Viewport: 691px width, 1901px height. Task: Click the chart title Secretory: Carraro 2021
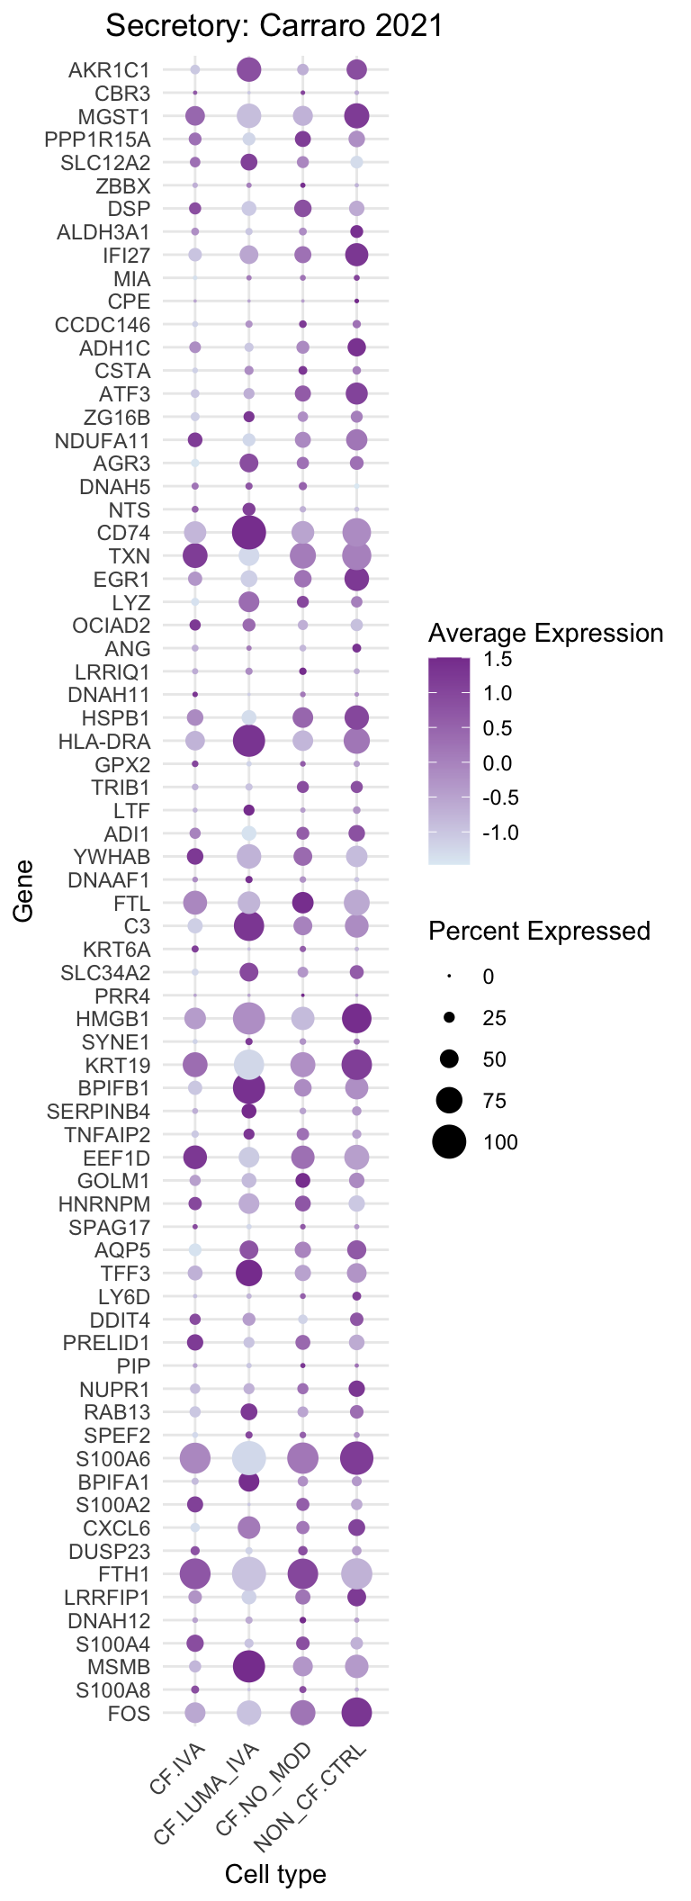(x=274, y=26)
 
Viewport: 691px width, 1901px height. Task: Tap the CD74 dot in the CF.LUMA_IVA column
(x=249, y=533)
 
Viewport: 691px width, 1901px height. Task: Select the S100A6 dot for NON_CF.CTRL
(x=357, y=1457)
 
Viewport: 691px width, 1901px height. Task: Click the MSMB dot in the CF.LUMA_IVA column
(x=249, y=1666)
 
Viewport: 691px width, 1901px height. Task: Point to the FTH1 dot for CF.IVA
(x=195, y=1573)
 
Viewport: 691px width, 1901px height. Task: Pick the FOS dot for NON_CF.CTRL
(x=357, y=1713)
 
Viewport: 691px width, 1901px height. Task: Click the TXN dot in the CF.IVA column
(x=195, y=556)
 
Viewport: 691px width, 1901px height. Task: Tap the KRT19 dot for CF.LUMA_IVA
(x=249, y=1065)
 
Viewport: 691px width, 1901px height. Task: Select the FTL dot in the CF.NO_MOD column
(x=303, y=903)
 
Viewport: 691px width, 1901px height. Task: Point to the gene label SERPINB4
(x=99, y=1112)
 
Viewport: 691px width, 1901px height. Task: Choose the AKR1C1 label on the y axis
(x=109, y=69)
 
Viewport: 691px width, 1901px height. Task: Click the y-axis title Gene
(x=23, y=891)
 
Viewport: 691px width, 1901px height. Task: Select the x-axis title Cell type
(x=275, y=1874)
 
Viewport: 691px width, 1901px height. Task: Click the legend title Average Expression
(x=545, y=634)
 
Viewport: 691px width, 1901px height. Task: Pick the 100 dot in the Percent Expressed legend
(x=449, y=1142)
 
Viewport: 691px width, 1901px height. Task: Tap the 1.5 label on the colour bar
(x=498, y=659)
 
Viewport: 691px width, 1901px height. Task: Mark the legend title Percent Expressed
(x=539, y=931)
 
